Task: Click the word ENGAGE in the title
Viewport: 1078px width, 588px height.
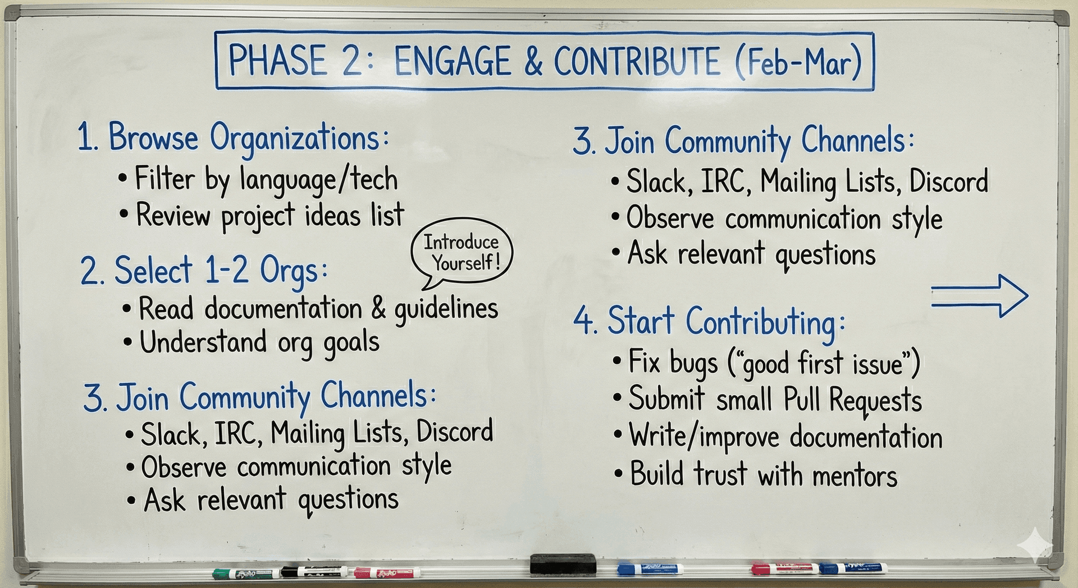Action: (x=453, y=61)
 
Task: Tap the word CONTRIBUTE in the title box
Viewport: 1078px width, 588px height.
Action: (x=637, y=61)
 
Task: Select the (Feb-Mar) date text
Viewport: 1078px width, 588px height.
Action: (x=798, y=62)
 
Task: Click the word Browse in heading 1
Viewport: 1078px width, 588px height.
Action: (x=153, y=138)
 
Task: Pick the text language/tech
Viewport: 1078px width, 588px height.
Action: (x=318, y=180)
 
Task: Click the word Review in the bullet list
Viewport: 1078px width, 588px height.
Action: (x=173, y=216)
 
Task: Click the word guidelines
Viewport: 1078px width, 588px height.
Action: (x=446, y=309)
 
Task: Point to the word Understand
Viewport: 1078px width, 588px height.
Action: (x=203, y=343)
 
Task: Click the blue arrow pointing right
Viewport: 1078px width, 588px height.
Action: (x=979, y=296)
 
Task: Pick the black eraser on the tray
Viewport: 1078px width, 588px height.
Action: (x=563, y=563)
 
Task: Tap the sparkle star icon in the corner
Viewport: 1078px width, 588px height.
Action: (x=1036, y=544)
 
